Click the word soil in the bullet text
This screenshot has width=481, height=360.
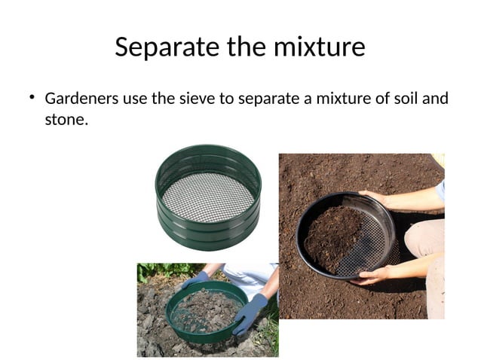(x=406, y=99)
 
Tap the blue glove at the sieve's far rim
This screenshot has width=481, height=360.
(x=195, y=279)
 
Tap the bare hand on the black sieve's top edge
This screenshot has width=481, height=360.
(x=376, y=197)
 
